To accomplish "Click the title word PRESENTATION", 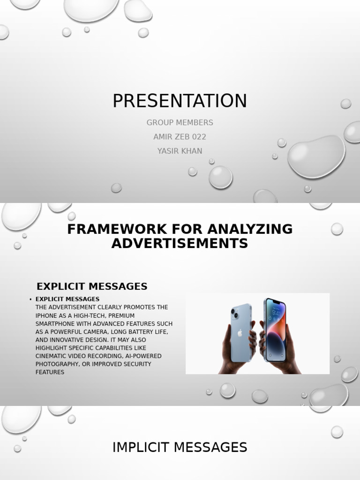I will (180, 101).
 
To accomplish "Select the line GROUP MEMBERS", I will (180, 123).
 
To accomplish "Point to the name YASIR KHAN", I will (180, 151).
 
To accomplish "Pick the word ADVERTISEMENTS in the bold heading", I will (180, 244).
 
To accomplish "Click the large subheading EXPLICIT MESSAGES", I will (92, 286).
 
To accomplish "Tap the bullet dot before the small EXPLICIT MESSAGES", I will (30, 300).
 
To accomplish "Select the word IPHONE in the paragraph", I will (46, 315).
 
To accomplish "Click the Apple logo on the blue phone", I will (240, 333).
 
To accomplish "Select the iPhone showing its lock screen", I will (275, 330).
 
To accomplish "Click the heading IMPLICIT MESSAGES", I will (180, 448).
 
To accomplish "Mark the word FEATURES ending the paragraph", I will (50, 372).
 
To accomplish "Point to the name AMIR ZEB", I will (170, 137).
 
